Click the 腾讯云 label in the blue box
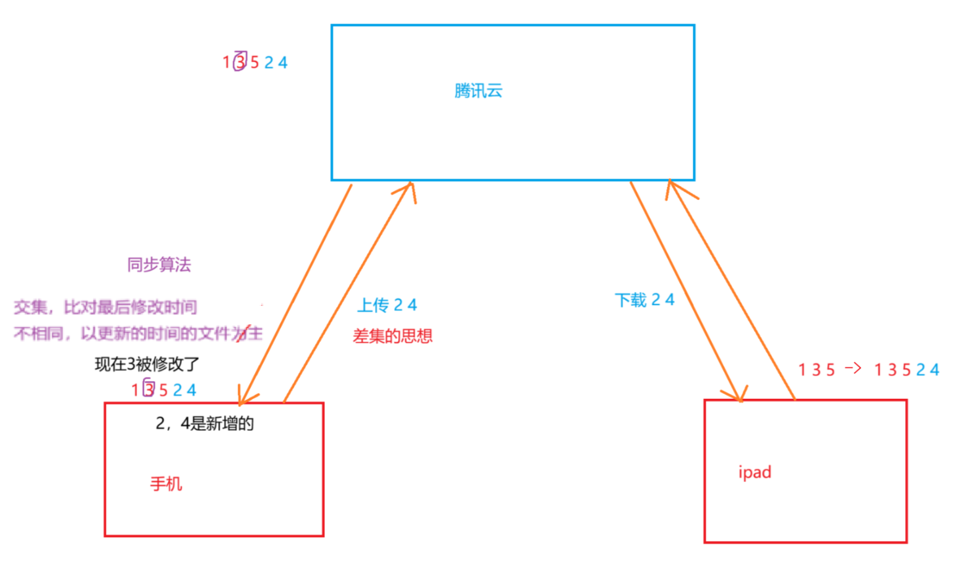pos(478,91)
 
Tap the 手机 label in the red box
pos(166,484)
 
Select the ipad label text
pos(755,472)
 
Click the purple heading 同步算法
pos(159,265)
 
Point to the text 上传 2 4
pos(387,305)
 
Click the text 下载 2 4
pos(644,300)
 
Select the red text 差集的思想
pos(392,336)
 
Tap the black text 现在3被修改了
pos(147,364)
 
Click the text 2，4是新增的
pos(205,424)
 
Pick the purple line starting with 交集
pos(105,307)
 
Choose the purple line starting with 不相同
pos(138,334)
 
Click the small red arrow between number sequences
pos(853,368)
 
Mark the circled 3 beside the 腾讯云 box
pos(240,62)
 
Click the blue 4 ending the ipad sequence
pos(934,370)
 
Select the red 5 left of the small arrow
pos(831,370)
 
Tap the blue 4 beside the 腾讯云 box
pos(283,63)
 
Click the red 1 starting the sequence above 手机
pos(135,390)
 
